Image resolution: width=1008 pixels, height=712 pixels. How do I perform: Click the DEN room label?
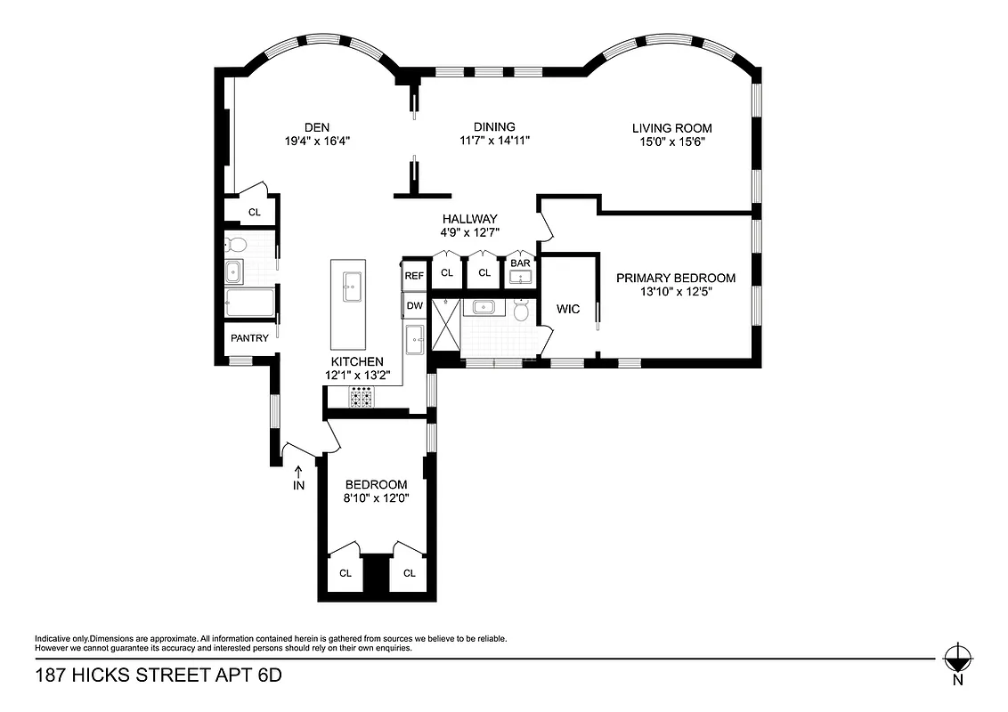[317, 127]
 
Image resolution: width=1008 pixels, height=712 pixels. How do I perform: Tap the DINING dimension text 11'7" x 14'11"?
[494, 141]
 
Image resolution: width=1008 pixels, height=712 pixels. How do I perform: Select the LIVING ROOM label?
[671, 128]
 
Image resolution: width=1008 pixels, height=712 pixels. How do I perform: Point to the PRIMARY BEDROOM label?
[676, 278]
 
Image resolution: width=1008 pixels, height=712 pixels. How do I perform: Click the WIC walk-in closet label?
[568, 309]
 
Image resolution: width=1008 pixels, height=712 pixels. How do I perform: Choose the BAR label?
[520, 264]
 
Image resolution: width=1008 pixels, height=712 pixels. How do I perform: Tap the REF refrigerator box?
[414, 276]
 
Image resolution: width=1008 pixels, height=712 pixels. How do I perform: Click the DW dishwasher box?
[414, 306]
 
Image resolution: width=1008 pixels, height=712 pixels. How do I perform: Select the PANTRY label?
[249, 338]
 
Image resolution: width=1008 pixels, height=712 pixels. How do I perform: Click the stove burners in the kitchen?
[361, 398]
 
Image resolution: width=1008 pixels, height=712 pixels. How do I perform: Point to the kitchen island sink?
[349, 284]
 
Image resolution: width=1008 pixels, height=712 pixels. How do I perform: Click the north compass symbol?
[957, 659]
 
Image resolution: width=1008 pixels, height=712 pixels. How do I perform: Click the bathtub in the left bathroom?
[249, 303]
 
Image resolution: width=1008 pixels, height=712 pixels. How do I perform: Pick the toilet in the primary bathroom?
[523, 311]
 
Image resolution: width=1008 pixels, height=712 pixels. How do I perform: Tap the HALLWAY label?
[470, 219]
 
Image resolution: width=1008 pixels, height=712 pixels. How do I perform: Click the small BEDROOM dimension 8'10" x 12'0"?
[377, 498]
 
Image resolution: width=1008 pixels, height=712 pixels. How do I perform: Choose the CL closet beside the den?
[254, 212]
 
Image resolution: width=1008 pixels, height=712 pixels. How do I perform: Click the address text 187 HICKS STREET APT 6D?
[158, 676]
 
